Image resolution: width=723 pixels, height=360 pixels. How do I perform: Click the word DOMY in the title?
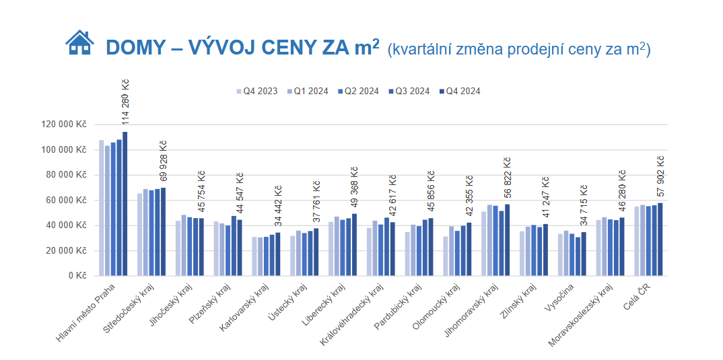coord(135,48)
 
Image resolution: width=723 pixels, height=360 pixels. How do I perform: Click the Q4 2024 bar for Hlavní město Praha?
coord(125,203)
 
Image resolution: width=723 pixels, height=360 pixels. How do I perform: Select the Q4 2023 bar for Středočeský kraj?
coord(140,234)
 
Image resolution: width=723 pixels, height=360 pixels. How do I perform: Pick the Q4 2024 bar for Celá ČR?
coord(660,239)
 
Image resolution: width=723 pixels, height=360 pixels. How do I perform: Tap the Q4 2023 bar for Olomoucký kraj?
coord(446,256)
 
